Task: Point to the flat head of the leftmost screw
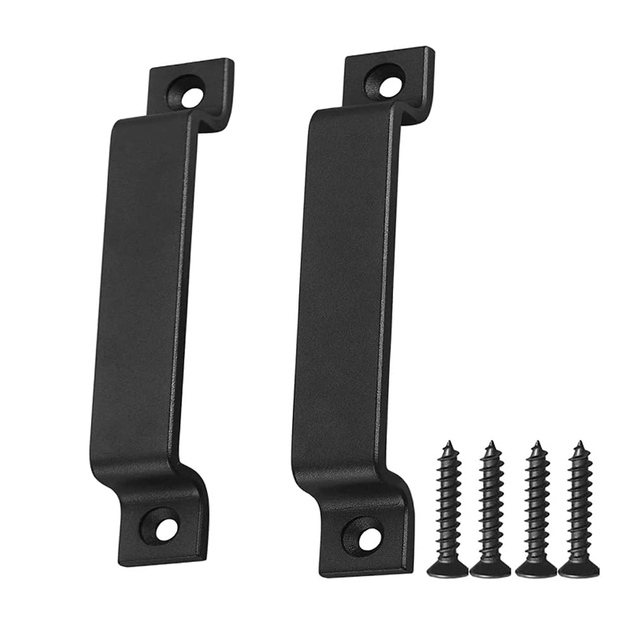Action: [447, 568]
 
